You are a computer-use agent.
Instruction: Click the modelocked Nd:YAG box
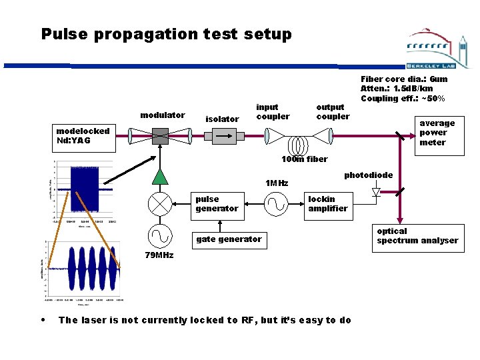83,136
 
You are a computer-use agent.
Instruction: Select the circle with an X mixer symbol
160,203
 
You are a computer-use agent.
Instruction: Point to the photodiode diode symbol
376,192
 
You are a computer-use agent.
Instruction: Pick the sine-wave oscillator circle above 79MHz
160,235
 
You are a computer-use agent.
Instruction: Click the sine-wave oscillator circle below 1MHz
275,203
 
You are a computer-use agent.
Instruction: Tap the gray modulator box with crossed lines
160,136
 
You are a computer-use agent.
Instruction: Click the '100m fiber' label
305,159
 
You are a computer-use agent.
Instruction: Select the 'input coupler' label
273,111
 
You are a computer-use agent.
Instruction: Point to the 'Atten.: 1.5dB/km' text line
397,89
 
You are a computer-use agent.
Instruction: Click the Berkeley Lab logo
437,50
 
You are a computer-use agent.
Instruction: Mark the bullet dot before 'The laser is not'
43,319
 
